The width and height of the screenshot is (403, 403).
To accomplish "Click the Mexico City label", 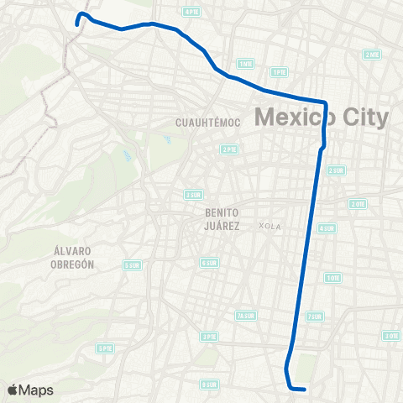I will click(x=322, y=117).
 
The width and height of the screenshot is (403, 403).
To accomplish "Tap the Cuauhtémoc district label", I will click(x=207, y=123).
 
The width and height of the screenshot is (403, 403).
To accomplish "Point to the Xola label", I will click(x=270, y=226).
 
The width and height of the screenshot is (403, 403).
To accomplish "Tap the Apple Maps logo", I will click(x=30, y=390).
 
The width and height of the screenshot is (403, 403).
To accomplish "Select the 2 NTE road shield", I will click(x=371, y=55).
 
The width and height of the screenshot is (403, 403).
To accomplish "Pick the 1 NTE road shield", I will click(x=245, y=64).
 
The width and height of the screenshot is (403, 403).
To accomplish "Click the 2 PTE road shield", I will click(x=228, y=149).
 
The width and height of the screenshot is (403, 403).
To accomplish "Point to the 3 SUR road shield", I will click(x=193, y=195).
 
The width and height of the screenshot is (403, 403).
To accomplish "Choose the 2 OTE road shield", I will click(x=359, y=204).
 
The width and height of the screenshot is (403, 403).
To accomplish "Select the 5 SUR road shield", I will click(x=131, y=265).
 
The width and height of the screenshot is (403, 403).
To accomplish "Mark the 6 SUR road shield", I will click(x=209, y=263).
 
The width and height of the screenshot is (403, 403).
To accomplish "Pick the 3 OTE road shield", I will click(x=390, y=336).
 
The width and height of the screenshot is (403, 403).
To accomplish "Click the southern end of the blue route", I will click(x=304, y=389).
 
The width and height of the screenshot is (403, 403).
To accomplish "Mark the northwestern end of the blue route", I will click(x=77, y=25).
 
